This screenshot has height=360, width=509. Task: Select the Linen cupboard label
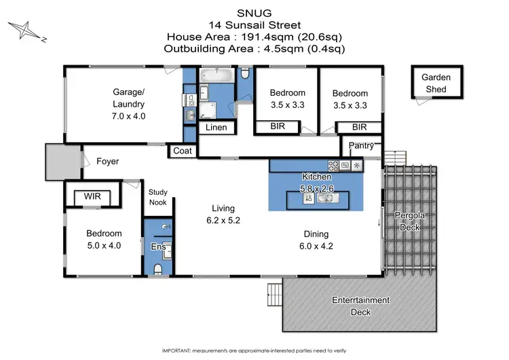pyautogui.click(x=217, y=128)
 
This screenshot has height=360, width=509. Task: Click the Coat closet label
pyautogui.click(x=182, y=151)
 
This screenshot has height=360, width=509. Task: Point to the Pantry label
pyautogui.click(x=360, y=146)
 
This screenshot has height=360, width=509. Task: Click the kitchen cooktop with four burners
pyautogui.click(x=334, y=164)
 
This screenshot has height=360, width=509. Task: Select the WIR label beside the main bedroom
pyautogui.click(x=92, y=196)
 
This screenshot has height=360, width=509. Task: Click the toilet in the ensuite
pyautogui.click(x=157, y=270)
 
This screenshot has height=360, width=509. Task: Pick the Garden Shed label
pyautogui.click(x=436, y=83)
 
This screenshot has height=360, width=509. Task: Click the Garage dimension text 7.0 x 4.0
pyautogui.click(x=128, y=116)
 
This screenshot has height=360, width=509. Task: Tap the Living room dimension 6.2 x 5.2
pyautogui.click(x=224, y=221)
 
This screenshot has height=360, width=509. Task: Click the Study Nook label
pyautogui.click(x=157, y=197)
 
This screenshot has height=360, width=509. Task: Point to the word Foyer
pyautogui.click(x=107, y=162)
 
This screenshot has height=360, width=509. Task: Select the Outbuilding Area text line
pyautogui.click(x=254, y=49)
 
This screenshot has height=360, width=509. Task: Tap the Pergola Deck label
pyautogui.click(x=409, y=221)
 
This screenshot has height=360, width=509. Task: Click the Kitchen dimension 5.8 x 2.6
pyautogui.click(x=317, y=187)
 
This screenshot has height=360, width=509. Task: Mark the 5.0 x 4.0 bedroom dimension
pyautogui.click(x=103, y=246)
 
